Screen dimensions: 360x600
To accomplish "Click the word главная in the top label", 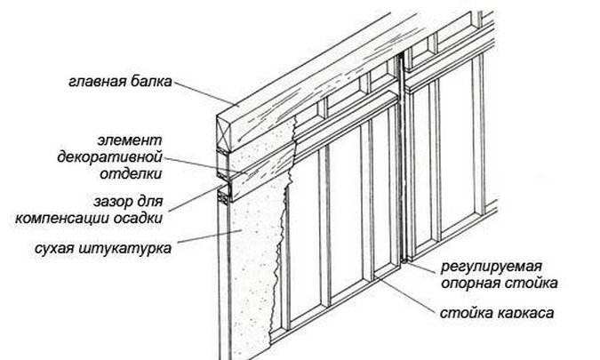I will (x=94, y=84).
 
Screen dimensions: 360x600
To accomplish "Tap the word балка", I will (x=148, y=84).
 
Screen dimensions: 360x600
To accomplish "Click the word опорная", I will (x=467, y=284).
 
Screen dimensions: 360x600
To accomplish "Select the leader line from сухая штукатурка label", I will (x=199, y=238).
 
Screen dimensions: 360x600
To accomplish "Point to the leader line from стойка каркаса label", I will (x=410, y=296).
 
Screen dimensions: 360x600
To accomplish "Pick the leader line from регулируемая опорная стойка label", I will (x=423, y=264).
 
